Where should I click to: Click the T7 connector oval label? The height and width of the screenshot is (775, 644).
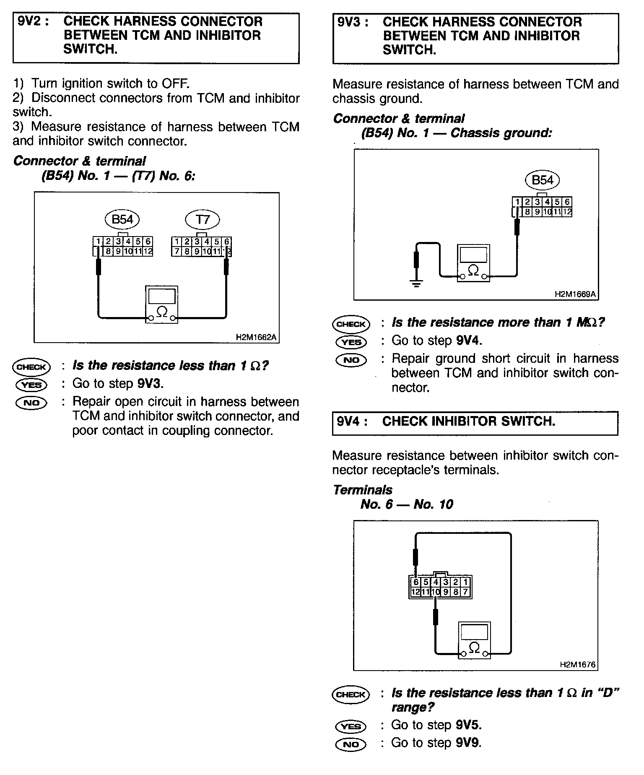click(x=203, y=219)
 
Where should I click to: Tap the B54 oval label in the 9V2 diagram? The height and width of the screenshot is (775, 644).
click(x=122, y=219)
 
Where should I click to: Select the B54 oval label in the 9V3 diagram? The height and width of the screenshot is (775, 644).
click(x=542, y=180)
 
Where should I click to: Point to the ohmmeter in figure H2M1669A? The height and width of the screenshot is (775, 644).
click(x=473, y=263)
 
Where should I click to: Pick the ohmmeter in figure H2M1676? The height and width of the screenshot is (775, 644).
click(x=474, y=640)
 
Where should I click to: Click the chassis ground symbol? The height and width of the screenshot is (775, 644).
click(x=416, y=283)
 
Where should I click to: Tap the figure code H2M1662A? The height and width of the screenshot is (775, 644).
click(x=256, y=337)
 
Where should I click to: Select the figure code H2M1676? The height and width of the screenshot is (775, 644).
click(x=577, y=665)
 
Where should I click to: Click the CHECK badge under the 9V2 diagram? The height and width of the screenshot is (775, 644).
click(x=31, y=367)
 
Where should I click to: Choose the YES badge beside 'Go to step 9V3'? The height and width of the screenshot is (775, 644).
click(x=31, y=385)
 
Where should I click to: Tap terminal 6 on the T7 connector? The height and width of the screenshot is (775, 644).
click(x=227, y=242)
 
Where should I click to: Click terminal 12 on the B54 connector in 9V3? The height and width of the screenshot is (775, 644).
click(x=567, y=212)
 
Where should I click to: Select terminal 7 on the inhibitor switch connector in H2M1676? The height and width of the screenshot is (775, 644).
click(x=466, y=592)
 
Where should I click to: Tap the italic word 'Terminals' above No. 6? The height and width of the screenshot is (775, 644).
click(x=363, y=490)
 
